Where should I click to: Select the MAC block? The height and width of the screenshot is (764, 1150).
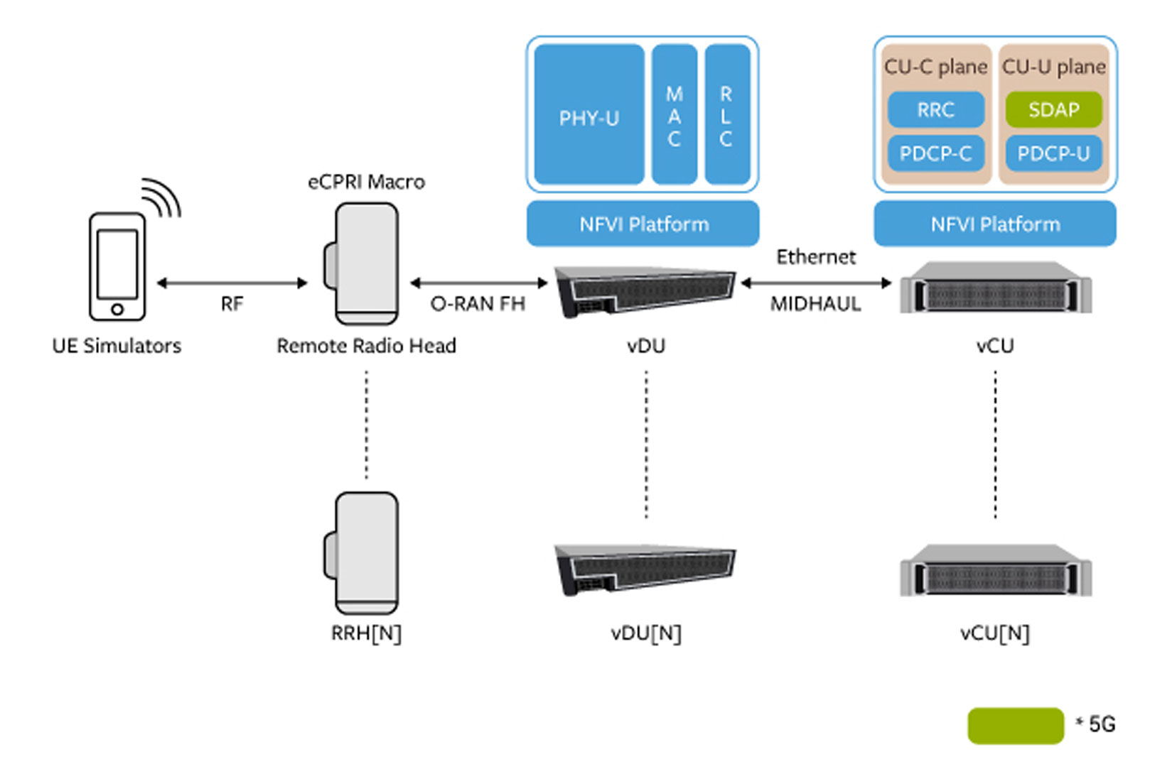(x=674, y=115)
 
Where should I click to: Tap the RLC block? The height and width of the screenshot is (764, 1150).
(x=726, y=115)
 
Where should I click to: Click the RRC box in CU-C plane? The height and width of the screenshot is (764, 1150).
(x=935, y=110)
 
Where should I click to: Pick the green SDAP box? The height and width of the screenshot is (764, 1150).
(x=1053, y=110)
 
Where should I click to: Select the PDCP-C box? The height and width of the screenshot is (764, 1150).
(x=935, y=153)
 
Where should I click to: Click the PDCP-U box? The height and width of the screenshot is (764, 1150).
(x=1053, y=153)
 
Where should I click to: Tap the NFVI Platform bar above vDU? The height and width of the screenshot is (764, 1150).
(x=643, y=224)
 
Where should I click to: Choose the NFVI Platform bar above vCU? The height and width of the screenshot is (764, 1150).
(x=995, y=224)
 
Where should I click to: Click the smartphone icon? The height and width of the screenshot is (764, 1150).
(x=117, y=267)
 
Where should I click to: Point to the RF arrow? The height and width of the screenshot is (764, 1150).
(x=232, y=283)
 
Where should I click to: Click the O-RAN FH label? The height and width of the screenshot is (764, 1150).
(x=478, y=304)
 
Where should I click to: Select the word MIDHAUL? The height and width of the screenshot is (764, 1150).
(x=815, y=304)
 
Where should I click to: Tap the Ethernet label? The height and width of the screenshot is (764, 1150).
(x=815, y=257)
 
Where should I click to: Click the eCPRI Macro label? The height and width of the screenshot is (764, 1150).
(x=366, y=182)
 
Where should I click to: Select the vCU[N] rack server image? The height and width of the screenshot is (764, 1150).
(x=995, y=571)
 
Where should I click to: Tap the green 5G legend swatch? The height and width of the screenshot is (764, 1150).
(x=1015, y=726)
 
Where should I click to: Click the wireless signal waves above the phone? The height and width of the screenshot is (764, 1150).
(x=163, y=197)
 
